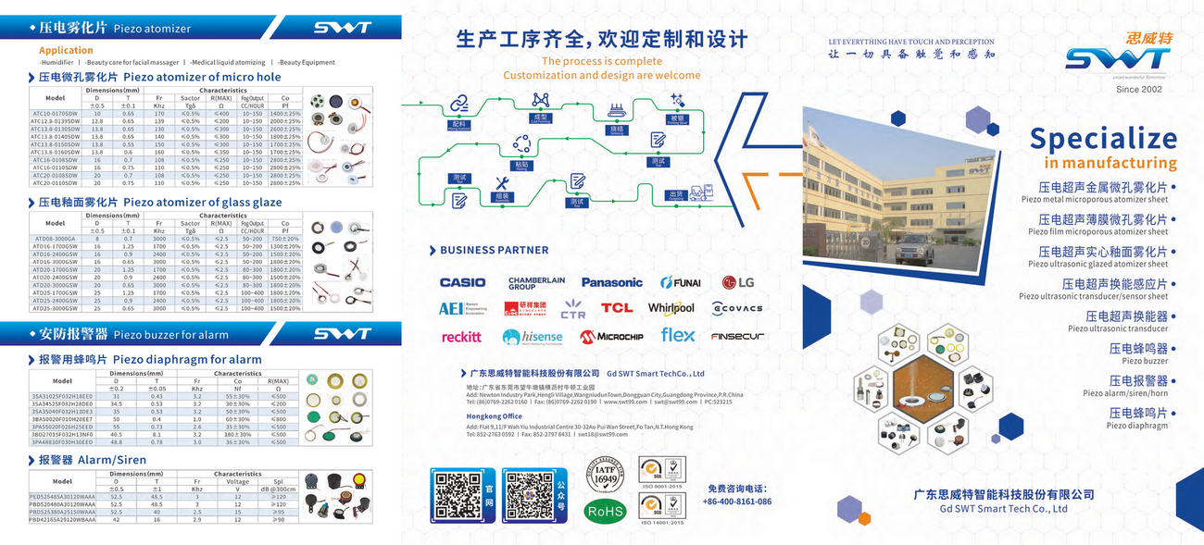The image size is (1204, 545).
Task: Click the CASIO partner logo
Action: pos(462,282)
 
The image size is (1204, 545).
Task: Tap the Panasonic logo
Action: pos(611,282)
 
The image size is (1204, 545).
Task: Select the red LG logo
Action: pos(738,282)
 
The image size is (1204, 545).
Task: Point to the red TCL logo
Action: pos(617,308)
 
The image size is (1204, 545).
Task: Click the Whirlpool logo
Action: pos(671,308)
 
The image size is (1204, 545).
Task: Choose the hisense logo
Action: pos(533,337)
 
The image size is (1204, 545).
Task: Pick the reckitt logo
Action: pos(461,337)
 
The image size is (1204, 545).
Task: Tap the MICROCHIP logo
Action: pos(611,337)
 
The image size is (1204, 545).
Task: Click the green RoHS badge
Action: pos(605,511)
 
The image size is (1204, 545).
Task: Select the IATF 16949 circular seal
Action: pos(605,476)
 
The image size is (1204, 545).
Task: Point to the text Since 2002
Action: pos(1139,89)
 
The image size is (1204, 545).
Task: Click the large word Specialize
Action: pos(1103,139)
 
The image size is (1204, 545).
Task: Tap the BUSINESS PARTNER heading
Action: pos(494,250)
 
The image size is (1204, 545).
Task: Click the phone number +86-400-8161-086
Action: pos(737,502)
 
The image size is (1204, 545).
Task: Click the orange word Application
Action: pos(66,51)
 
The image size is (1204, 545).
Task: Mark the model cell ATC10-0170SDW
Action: pos(55,113)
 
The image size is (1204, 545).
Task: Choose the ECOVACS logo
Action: pos(737,308)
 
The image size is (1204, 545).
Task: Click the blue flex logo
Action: pos(677,336)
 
